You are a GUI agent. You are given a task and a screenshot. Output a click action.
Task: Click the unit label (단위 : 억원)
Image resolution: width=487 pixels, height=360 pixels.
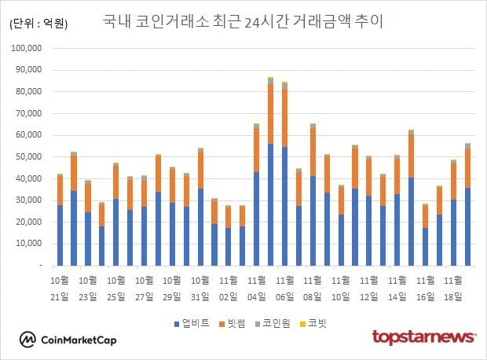38,24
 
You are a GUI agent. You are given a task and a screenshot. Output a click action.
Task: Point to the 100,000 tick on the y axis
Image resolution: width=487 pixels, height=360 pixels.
34,48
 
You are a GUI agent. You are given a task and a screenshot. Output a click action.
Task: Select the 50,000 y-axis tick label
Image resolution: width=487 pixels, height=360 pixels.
36,157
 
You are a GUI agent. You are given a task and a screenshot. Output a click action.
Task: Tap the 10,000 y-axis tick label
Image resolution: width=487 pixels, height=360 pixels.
36,244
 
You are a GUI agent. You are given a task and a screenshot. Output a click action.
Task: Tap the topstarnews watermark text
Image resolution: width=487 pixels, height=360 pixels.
423,337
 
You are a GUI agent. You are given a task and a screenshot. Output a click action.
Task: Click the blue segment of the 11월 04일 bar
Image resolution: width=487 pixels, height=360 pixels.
256,219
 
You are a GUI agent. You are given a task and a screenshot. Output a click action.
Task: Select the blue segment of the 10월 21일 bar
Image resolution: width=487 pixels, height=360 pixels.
60,236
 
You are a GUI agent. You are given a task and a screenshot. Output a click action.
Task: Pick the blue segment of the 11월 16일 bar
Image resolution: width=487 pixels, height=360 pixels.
425,247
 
